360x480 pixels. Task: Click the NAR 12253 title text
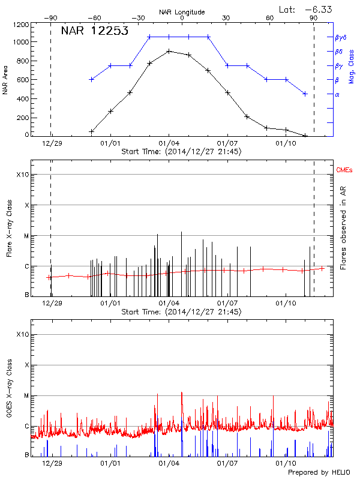pos(95,31)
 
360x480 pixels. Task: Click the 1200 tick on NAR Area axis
pos(21,25)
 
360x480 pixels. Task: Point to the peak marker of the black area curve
pos(169,51)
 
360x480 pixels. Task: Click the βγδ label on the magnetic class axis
pos(340,37)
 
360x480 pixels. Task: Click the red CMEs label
pos(344,170)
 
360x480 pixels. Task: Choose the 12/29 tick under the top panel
pos(52,143)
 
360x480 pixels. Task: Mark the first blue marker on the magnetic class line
pos(91,79)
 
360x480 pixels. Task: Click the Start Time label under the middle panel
pos(181,312)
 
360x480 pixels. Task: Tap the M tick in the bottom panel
pos(25,395)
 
